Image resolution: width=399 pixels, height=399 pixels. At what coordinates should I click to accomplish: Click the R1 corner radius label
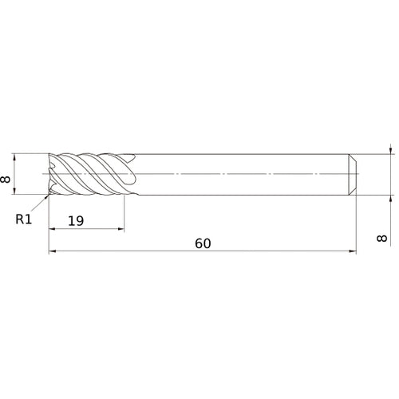(24, 219)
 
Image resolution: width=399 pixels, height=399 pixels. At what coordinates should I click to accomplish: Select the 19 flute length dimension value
(76, 221)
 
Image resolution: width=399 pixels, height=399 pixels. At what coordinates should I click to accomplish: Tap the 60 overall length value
(203, 243)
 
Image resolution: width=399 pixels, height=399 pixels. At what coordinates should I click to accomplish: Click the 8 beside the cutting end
(6, 179)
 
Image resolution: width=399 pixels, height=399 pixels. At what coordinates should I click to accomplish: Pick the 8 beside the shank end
(381, 238)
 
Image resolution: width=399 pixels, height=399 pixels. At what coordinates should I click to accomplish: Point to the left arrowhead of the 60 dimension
(53, 251)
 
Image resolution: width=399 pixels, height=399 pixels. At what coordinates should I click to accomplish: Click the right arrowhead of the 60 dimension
(353, 251)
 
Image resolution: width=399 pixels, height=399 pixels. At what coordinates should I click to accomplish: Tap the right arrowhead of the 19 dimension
(120, 228)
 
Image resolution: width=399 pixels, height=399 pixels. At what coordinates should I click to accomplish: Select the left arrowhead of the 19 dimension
(53, 228)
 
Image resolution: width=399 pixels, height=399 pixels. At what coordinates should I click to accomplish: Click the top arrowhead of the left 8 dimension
(14, 157)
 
